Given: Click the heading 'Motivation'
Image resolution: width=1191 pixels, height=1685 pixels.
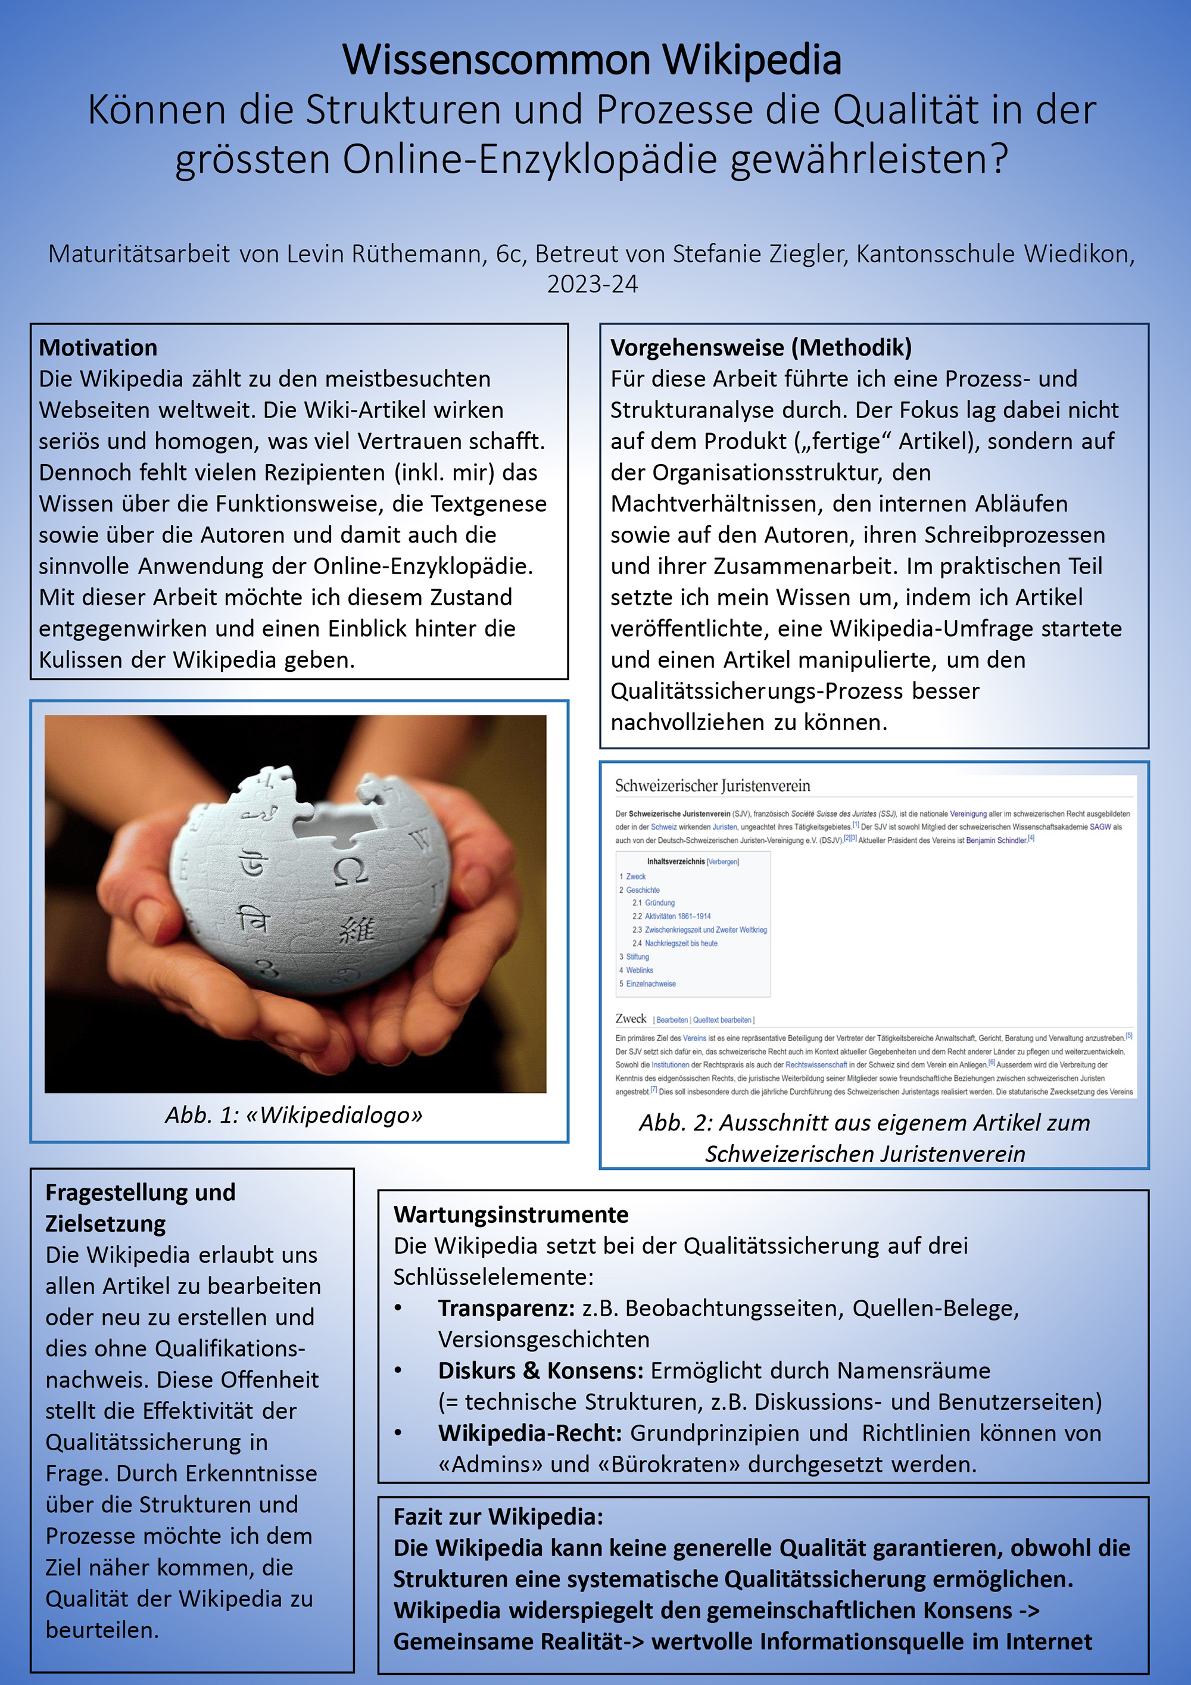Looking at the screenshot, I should pyautogui.click(x=98, y=347).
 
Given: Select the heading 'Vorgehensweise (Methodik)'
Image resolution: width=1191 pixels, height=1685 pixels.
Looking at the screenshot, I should pyautogui.click(x=761, y=347).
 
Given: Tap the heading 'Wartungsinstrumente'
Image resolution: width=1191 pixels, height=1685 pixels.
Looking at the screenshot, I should pyautogui.click(x=511, y=1214).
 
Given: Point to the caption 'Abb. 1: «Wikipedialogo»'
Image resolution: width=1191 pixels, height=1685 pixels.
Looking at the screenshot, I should pyautogui.click(x=294, y=1115).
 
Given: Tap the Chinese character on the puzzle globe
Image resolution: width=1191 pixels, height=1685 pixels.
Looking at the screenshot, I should pyautogui.click(x=357, y=930).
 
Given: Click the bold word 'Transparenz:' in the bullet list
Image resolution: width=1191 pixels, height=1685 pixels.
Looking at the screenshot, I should pyautogui.click(x=506, y=1308).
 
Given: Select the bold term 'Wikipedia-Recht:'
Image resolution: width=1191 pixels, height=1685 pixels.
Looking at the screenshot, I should pyautogui.click(x=530, y=1432).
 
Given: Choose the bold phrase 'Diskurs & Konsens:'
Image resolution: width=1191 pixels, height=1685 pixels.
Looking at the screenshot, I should pyautogui.click(x=541, y=1370).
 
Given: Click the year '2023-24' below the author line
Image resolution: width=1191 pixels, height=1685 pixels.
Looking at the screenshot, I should pyautogui.click(x=592, y=284).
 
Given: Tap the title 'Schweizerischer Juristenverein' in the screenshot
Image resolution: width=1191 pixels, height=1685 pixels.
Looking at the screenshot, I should pyautogui.click(x=713, y=786).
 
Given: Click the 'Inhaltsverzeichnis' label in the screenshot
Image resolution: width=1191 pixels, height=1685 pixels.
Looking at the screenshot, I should pyautogui.click(x=675, y=862).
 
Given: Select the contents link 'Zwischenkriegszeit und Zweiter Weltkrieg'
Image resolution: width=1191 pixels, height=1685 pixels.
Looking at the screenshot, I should pyautogui.click(x=705, y=930).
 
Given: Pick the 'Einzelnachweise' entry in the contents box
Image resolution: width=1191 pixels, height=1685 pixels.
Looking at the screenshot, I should pyautogui.click(x=650, y=983).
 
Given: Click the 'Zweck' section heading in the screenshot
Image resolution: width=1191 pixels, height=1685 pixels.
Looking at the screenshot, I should pyautogui.click(x=631, y=1019).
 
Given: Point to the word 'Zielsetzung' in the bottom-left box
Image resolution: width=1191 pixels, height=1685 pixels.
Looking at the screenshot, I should pyautogui.click(x=105, y=1223).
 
